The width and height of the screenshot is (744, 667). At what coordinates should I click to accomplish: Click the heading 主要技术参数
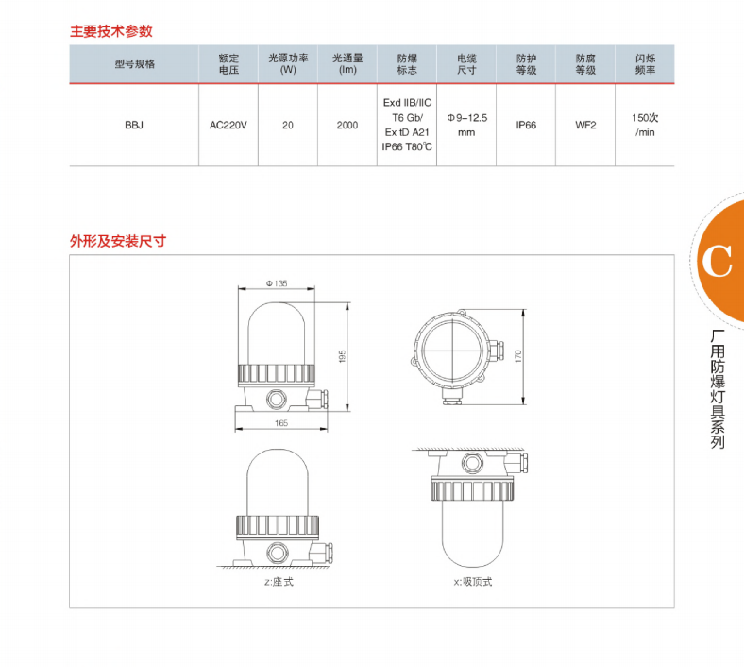(111, 31)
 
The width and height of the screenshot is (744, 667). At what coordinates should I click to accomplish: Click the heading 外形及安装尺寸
(118, 241)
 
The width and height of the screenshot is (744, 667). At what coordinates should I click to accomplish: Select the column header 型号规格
(135, 64)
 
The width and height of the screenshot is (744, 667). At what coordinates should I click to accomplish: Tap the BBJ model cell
(134, 126)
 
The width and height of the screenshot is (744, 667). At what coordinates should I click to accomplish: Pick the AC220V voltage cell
(228, 126)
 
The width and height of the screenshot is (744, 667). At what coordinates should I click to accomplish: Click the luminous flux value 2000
(347, 126)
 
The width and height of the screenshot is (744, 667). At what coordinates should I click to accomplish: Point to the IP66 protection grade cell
(526, 126)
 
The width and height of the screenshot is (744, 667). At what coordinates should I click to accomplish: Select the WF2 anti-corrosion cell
(585, 126)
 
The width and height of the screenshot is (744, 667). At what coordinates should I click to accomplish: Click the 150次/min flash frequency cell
(645, 126)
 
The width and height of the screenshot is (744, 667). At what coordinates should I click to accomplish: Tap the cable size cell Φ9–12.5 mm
(467, 126)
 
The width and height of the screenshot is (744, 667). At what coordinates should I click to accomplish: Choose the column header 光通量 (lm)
(347, 64)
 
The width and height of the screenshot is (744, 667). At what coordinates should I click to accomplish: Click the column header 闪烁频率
(645, 64)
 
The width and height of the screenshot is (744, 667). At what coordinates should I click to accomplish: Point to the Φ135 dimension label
(277, 283)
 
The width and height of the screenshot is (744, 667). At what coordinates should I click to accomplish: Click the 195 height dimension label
(343, 356)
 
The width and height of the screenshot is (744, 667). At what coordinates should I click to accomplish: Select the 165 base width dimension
(281, 423)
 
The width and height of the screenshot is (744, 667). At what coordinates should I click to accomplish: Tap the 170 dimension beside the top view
(517, 356)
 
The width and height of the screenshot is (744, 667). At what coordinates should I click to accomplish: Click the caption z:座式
(279, 582)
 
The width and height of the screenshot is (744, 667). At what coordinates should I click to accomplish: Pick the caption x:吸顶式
(473, 582)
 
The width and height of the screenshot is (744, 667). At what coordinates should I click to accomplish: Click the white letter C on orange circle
(717, 262)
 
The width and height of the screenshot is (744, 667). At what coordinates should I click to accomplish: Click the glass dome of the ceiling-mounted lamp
(472, 534)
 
